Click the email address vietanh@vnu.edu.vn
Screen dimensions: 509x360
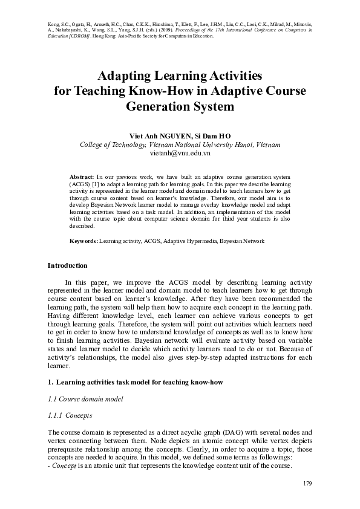pos(180,154)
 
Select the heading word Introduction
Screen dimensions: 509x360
pos(67,265)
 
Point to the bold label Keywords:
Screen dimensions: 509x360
pos(84,241)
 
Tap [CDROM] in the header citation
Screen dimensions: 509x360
pos(79,36)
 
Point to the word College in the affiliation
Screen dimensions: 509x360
pos(93,145)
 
